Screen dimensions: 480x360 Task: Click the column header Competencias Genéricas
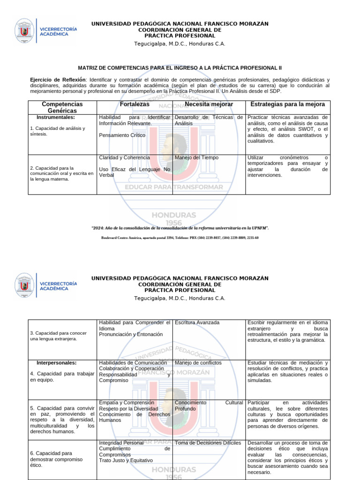(x=62, y=107)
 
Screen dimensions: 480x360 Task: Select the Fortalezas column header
(x=135, y=104)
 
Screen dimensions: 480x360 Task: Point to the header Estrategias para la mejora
(x=288, y=104)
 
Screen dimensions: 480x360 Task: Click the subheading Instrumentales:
(x=56, y=117)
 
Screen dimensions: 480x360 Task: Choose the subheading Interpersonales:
(x=57, y=363)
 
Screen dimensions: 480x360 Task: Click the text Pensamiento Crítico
(x=122, y=135)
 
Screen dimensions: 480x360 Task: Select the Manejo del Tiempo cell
(x=196, y=157)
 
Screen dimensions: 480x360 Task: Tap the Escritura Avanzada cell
(x=197, y=322)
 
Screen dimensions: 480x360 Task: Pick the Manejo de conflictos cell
(x=198, y=363)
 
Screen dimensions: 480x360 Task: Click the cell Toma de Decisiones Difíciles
(x=208, y=442)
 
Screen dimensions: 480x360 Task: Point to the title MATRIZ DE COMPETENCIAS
(x=180, y=68)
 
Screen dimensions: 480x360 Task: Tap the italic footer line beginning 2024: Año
(x=180, y=228)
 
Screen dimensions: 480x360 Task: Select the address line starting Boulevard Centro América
(x=180, y=238)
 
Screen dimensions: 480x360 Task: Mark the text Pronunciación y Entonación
(x=131, y=334)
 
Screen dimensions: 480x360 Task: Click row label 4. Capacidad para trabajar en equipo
(x=62, y=376)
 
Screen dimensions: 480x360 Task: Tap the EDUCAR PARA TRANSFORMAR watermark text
(x=173, y=187)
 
